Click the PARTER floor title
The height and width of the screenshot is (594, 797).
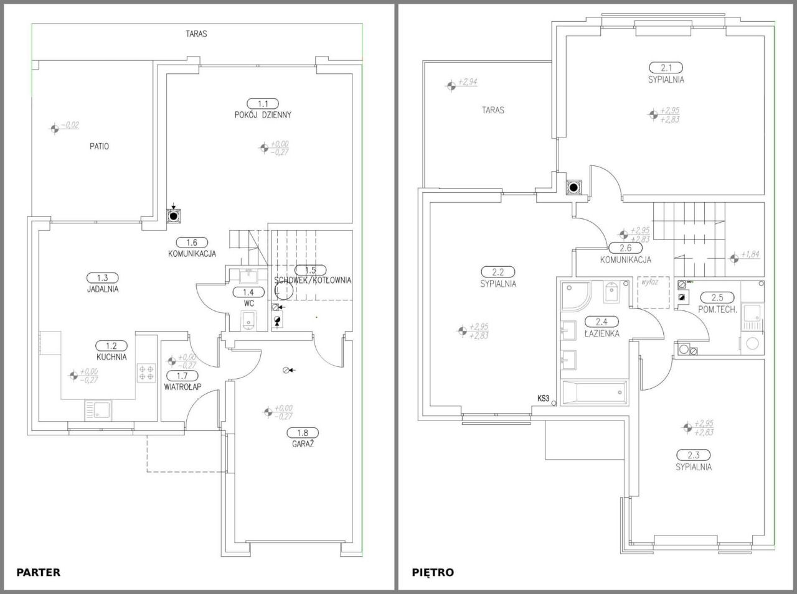pyautogui.click(x=38, y=572)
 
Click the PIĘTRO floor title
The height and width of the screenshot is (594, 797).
pyautogui.click(x=433, y=572)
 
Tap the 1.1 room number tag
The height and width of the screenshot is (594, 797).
pyautogui.click(x=263, y=104)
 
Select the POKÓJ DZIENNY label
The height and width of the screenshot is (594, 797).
pyautogui.click(x=263, y=115)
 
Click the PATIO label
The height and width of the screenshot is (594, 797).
pyautogui.click(x=99, y=147)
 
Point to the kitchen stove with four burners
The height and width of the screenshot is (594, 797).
pyautogui.click(x=146, y=373)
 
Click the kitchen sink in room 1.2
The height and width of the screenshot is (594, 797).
pyautogui.click(x=98, y=410)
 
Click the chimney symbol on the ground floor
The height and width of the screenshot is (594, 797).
pyautogui.click(x=174, y=216)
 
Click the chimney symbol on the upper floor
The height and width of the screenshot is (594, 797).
pyautogui.click(x=573, y=187)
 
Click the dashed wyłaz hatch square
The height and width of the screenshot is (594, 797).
pyautogui.click(x=653, y=292)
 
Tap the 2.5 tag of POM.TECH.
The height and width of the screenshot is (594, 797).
pyautogui.click(x=717, y=298)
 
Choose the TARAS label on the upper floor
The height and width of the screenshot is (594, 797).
pyautogui.click(x=493, y=110)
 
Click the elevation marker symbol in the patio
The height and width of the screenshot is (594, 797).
pyautogui.click(x=55, y=128)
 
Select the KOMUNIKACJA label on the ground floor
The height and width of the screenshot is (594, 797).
pyautogui.click(x=192, y=254)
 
